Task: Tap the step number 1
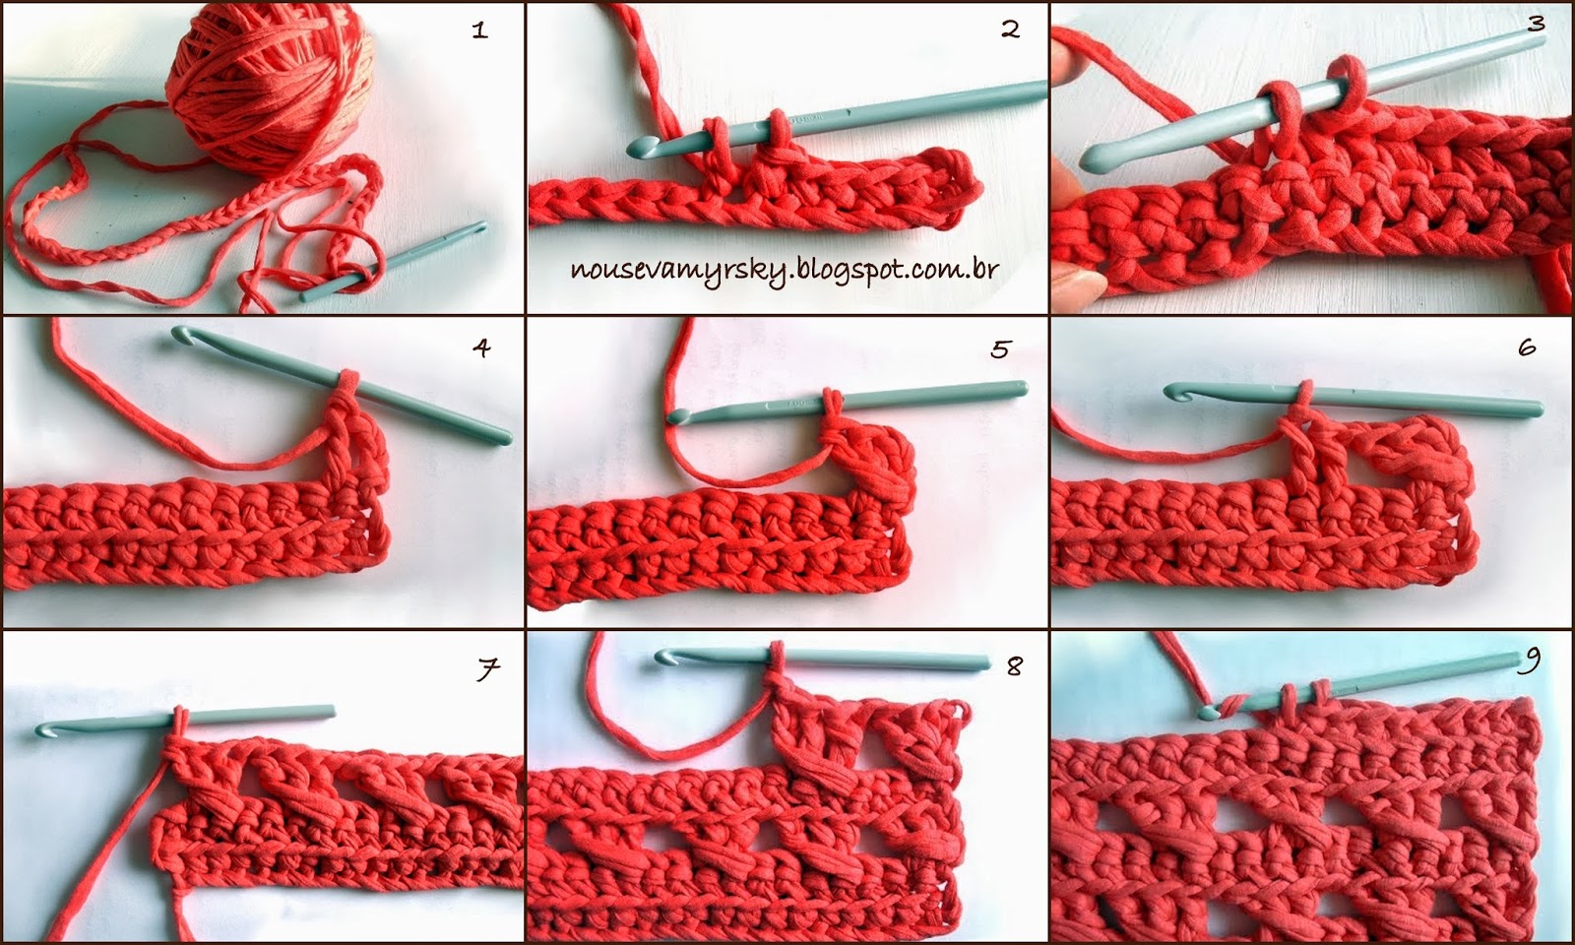click(480, 30)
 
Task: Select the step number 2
click(1010, 29)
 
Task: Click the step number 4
click(481, 347)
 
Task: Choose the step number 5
click(1001, 348)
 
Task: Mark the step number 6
click(1527, 346)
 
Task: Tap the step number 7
click(488, 668)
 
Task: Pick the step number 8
click(1014, 665)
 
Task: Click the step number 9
click(1530, 660)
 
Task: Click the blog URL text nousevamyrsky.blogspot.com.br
click(784, 271)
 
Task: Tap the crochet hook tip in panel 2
click(636, 148)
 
